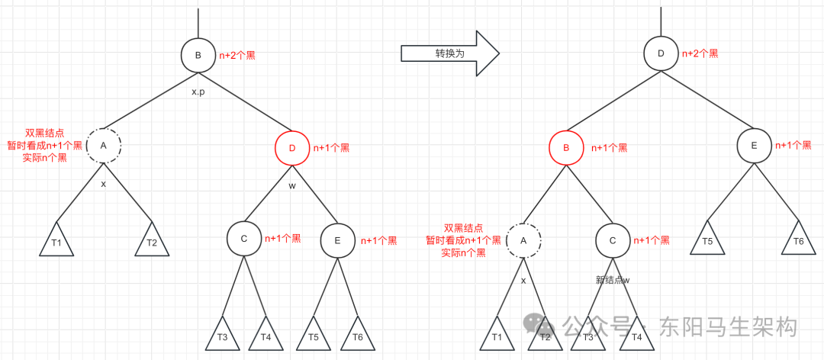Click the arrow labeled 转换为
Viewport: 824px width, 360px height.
click(449, 54)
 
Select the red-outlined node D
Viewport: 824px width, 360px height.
click(292, 148)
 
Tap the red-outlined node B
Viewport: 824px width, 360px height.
click(566, 148)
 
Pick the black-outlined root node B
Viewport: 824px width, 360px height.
click(198, 55)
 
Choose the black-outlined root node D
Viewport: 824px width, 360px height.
click(660, 54)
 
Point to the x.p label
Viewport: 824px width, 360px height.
click(199, 92)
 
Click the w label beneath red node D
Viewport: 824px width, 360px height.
click(292, 185)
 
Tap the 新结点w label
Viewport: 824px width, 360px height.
click(613, 280)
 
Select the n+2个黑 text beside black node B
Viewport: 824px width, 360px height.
click(239, 55)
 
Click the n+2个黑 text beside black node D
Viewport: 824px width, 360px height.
click(700, 54)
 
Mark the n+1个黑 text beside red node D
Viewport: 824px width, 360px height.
click(331, 148)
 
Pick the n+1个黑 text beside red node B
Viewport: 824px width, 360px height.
click(609, 148)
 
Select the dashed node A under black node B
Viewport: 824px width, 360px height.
click(104, 145)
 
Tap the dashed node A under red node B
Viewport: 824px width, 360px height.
click(523, 240)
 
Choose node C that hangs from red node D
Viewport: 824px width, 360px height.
click(244, 239)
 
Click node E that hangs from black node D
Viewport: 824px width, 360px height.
click(754, 146)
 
